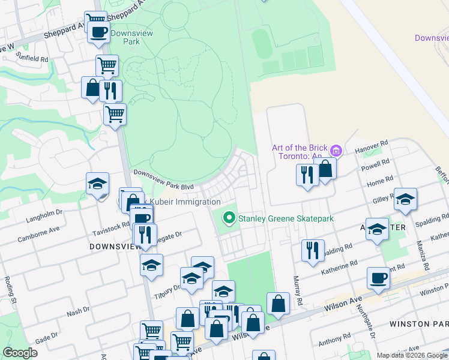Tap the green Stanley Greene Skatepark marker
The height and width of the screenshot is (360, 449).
tap(229, 218)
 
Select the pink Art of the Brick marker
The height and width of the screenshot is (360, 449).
tap(336, 151)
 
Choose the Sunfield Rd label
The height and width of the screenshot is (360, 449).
tap(32, 58)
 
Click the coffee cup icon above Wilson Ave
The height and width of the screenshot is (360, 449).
tap(378, 278)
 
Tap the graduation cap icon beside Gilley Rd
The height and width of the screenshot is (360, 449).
tap(405, 199)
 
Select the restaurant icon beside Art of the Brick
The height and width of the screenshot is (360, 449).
tap(307, 175)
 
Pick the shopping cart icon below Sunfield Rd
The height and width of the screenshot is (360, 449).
tap(107, 65)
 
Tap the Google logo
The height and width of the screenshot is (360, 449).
tap(21, 352)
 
